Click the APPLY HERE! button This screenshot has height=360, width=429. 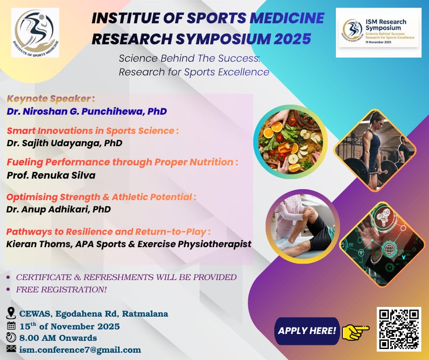pos(307,331)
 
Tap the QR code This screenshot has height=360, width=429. pos(399,329)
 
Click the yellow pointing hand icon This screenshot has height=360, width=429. pos(356,331)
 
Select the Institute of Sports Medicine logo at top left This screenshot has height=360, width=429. pos(35,32)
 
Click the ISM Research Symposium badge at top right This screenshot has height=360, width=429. pos(379,32)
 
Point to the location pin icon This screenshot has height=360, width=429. pos(10,313)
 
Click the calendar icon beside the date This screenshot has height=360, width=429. pos(11,326)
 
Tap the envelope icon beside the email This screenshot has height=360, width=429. pos(11,349)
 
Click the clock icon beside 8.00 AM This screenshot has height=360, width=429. pos(11,337)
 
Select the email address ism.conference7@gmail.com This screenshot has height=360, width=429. pos(80,349)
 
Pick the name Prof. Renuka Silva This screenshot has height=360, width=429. pos(51,175)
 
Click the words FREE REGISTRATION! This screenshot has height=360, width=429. pos(61,290)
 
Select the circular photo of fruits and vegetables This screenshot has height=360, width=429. pos(291,142)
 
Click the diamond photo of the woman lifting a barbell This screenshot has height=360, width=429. pos(375,150)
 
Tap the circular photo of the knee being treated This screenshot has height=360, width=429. pos(303,226)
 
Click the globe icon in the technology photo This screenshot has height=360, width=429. pos(388,249)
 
